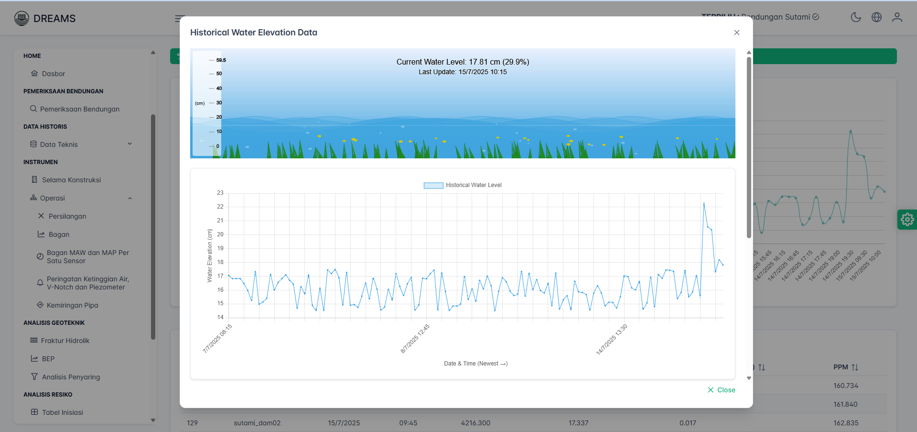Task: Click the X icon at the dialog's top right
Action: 736,33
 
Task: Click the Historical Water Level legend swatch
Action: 433,186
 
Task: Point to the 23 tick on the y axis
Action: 220,193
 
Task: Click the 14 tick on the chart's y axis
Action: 220,317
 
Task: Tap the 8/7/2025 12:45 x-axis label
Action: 415,338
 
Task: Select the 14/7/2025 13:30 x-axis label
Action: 612,339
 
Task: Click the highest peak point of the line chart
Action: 704,204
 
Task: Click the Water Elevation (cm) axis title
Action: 209,255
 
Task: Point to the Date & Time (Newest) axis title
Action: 475,364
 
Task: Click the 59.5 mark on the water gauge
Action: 221,60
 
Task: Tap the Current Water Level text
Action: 463,62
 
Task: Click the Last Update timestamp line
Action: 463,72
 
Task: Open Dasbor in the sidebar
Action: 53,74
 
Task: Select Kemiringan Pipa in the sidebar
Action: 72,305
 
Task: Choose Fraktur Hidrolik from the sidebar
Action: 65,341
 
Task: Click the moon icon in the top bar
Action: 855,17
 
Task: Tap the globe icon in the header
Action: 876,17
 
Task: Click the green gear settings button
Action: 907,220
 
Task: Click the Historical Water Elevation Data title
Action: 253,33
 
